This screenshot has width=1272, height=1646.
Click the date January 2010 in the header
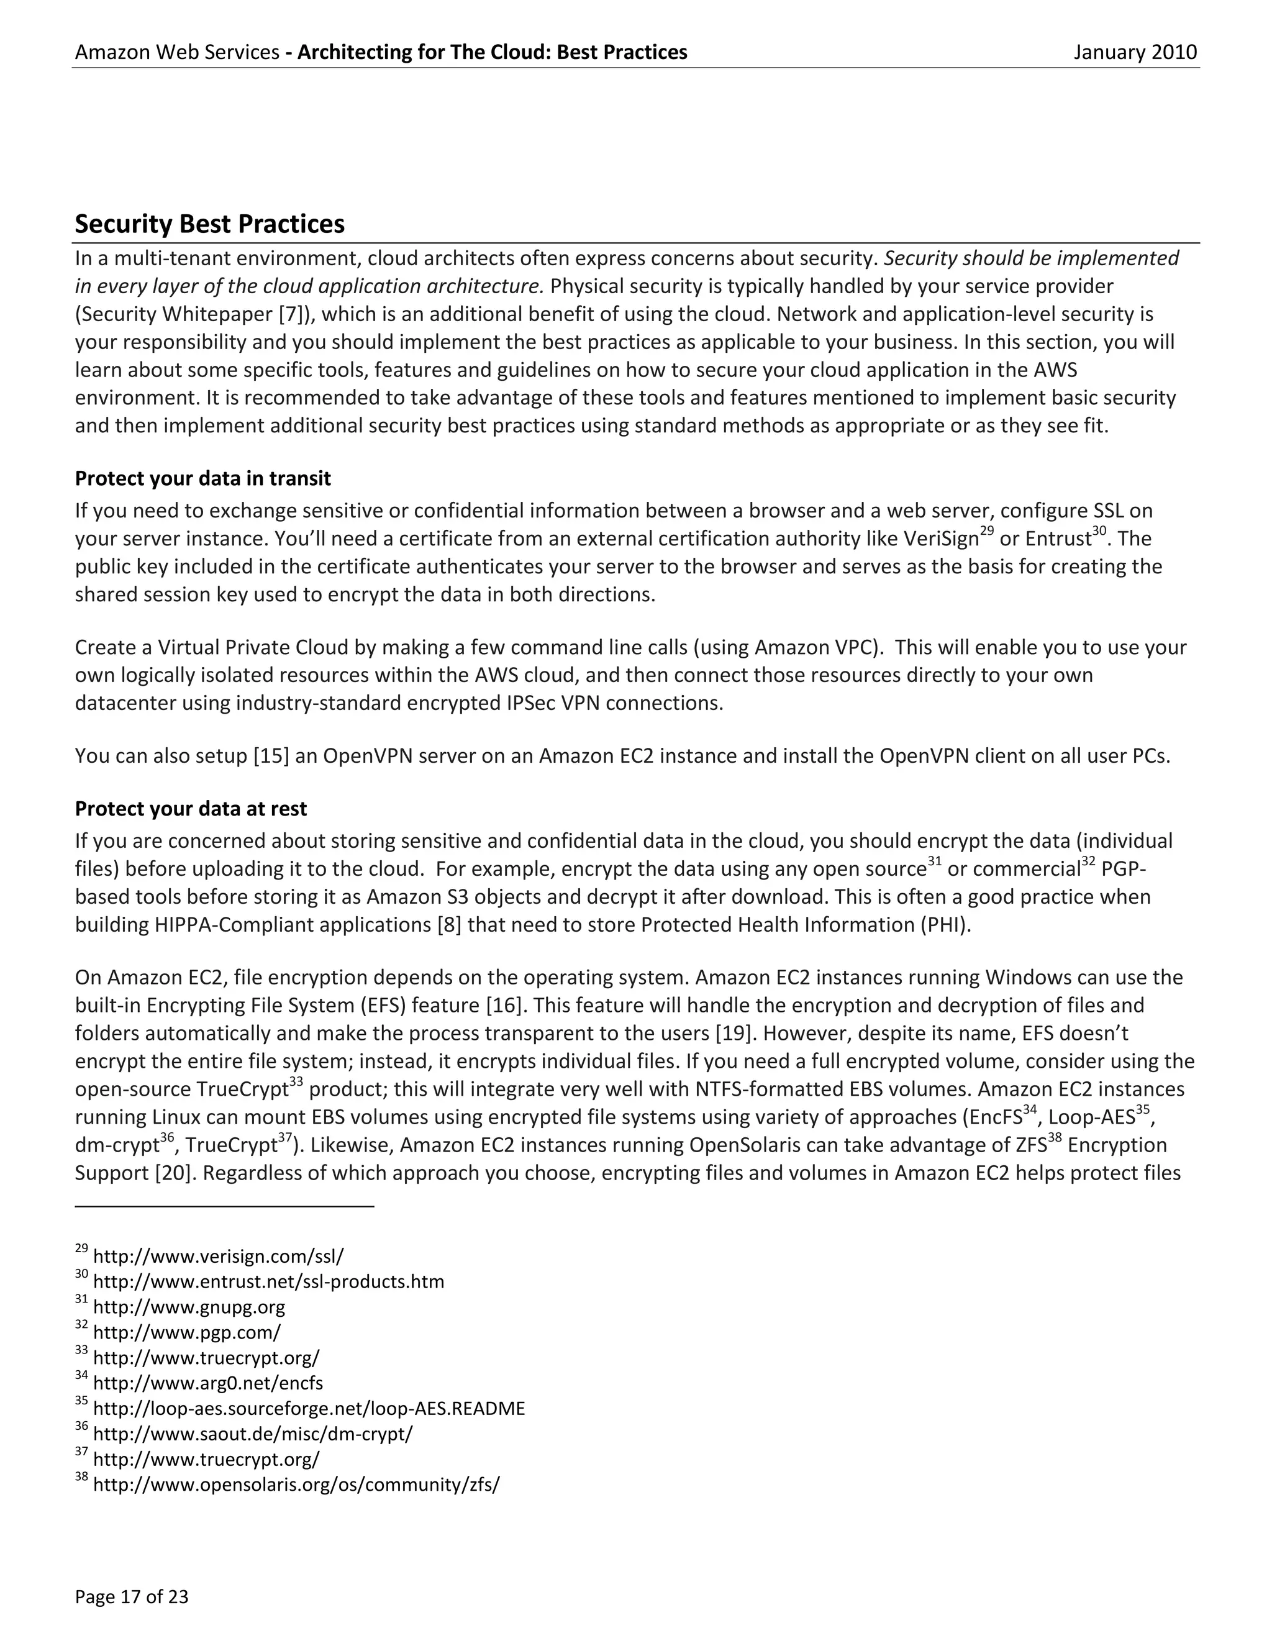(1135, 52)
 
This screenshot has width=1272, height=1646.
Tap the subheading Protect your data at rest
(191, 809)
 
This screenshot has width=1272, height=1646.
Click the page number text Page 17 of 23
(132, 1596)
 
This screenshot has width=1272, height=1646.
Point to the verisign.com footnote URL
(218, 1257)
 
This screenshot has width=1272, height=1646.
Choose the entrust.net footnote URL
(268, 1281)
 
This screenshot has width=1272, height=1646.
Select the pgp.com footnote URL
(186, 1332)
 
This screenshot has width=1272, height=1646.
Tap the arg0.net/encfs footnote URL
(208, 1383)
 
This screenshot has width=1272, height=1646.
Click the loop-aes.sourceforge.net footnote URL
(309, 1408)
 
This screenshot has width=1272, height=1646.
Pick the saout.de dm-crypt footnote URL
(252, 1434)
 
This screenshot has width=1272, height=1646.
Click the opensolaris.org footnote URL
(296, 1484)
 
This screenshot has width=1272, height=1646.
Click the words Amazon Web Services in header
(177, 52)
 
